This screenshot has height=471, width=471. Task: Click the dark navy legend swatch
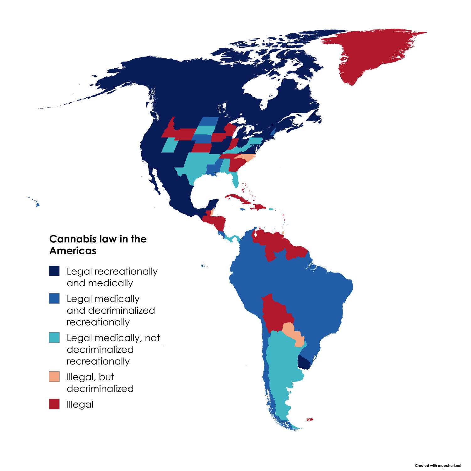point(54,271)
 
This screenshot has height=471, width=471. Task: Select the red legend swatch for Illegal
point(54,404)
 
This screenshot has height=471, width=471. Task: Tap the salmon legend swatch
point(54,376)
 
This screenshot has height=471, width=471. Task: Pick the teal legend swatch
point(54,338)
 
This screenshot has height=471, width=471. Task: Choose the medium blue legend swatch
point(54,298)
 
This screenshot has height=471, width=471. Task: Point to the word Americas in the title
point(73,251)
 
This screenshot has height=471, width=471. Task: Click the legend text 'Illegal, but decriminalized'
point(100,382)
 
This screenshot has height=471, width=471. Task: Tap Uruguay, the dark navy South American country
point(304,363)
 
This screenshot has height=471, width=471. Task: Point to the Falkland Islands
point(310,419)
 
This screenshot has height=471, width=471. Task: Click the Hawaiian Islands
point(37,204)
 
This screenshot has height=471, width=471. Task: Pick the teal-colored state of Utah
point(170,145)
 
